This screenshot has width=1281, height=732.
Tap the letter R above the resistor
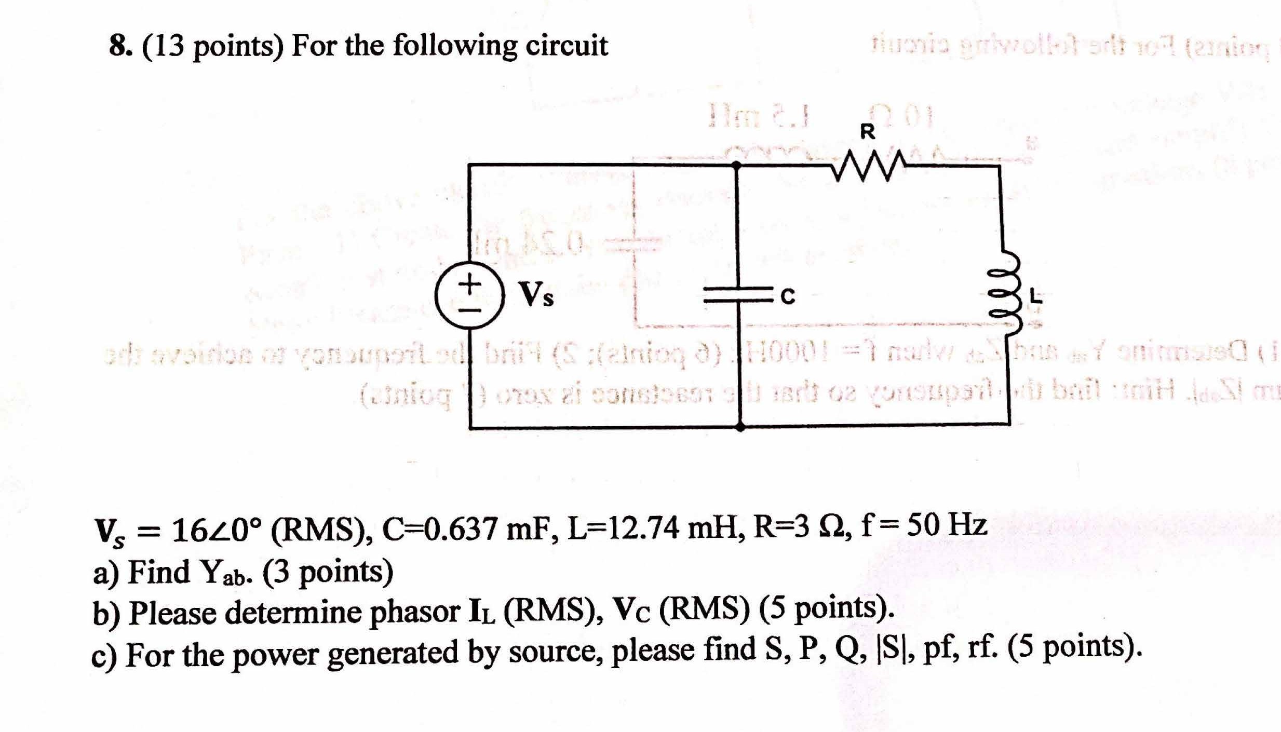(868, 132)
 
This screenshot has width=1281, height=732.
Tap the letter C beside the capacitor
(788, 297)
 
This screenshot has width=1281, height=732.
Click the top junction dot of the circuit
(736, 165)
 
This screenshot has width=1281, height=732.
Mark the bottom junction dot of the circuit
(741, 427)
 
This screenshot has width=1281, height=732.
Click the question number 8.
(119, 47)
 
